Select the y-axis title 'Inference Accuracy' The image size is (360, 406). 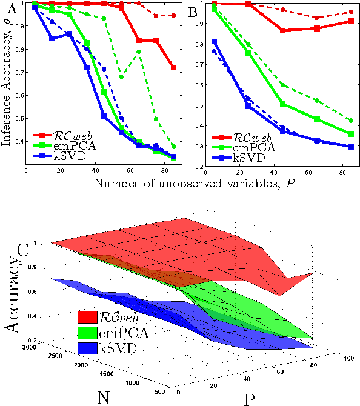8,82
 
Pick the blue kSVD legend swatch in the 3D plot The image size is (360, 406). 91,348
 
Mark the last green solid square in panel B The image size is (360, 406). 351,134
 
